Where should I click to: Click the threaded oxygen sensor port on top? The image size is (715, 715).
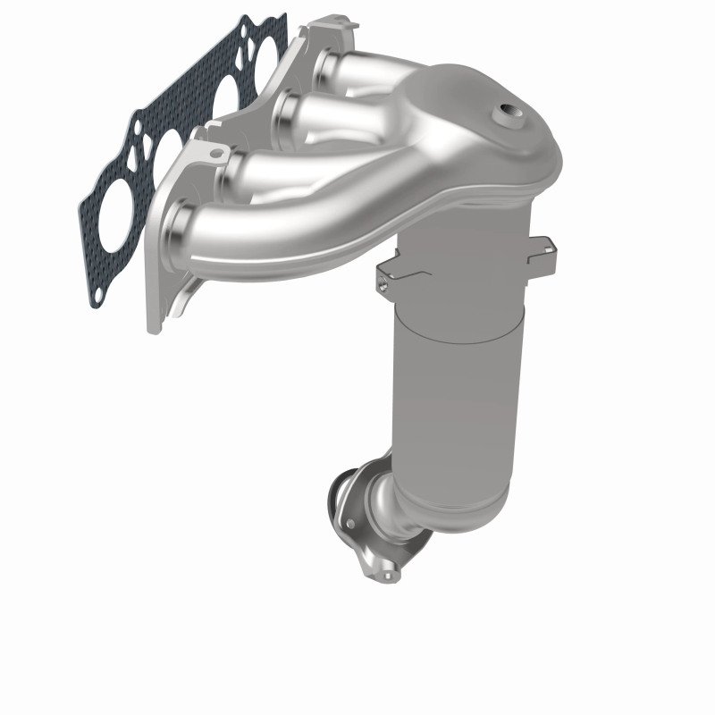coord(510,113)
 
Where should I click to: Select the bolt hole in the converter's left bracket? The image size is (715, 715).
coord(383,287)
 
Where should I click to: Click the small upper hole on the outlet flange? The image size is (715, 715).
coord(349,524)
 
